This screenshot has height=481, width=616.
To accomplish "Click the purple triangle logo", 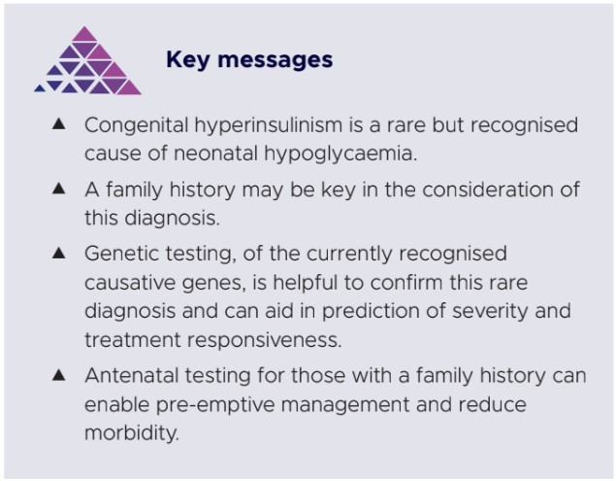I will click(88, 63).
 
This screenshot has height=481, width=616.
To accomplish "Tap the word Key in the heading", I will click(188, 59).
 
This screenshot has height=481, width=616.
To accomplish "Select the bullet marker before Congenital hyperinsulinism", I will click(59, 125).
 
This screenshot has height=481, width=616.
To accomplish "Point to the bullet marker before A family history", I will click(59, 189).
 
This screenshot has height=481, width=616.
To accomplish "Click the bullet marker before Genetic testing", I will click(59, 253).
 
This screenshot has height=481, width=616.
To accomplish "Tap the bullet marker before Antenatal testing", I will click(59, 374).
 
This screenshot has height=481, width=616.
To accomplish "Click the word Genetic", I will click(121, 254).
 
